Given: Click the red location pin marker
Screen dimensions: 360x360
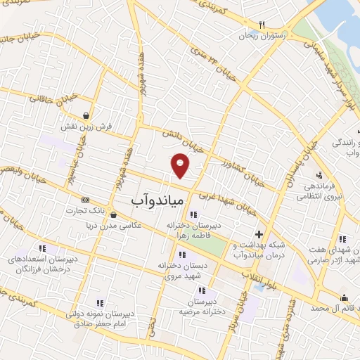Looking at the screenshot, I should (x=181, y=165).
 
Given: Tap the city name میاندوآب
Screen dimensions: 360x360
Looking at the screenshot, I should (x=157, y=200).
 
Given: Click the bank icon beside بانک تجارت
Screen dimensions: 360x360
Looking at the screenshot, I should (x=85, y=200).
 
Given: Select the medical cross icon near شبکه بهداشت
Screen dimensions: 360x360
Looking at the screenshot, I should (x=259, y=235).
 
